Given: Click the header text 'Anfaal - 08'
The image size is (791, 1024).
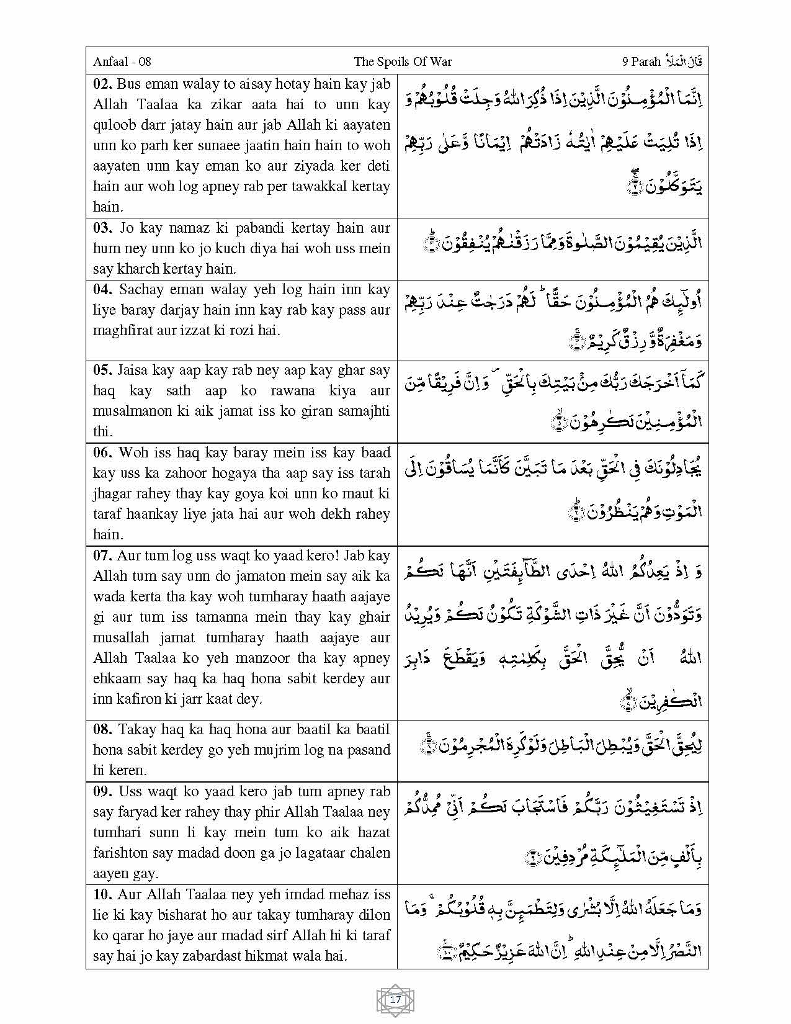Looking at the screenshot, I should coord(122,61).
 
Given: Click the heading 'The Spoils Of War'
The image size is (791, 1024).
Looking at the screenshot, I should coord(403,61).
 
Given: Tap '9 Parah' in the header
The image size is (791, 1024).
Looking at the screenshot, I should coord(641,61).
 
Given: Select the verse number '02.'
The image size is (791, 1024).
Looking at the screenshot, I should coord(102,84).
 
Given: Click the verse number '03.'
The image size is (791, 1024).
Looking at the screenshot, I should coord(102,228).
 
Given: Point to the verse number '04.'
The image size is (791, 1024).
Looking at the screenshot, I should coord(102,289).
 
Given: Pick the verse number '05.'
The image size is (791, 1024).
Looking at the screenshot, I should coord(102,371).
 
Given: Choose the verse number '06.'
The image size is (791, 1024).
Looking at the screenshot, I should coord(102,452).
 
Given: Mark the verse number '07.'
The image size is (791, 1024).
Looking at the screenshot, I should coord(102,555).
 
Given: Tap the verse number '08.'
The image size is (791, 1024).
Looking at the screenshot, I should coord(102,729).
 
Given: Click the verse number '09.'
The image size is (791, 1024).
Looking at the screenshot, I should coord(102,791).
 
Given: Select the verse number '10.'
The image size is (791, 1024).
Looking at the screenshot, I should coord(102,894).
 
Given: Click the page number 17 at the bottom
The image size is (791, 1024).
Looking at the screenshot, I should coord(395,1000).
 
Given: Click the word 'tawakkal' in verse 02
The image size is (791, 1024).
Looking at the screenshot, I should coord(315,186).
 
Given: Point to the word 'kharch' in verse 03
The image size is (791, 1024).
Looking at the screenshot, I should coord(137,269).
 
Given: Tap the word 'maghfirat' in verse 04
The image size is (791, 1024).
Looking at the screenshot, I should coord(122,330).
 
